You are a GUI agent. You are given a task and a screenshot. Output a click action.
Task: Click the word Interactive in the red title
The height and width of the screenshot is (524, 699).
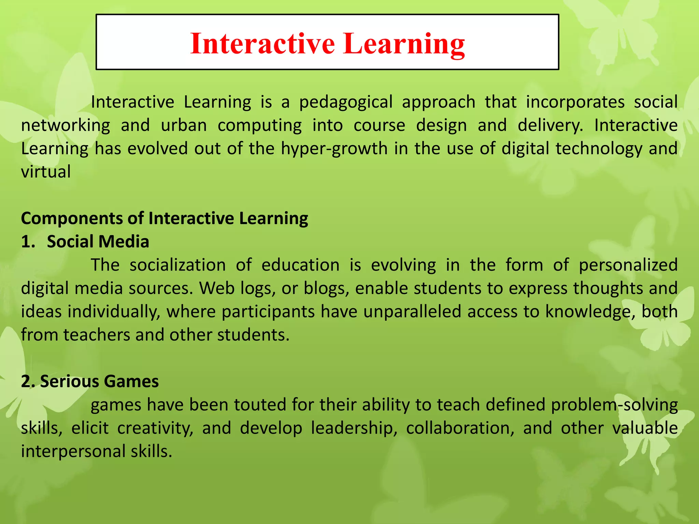pos(262,43)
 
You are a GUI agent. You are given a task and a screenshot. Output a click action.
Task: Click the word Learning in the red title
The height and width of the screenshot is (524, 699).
pos(404,43)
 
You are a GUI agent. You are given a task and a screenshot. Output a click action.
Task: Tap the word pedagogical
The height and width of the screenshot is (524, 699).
pos(346,102)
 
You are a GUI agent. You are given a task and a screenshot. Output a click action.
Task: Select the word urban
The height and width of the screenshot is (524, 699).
pos(184,125)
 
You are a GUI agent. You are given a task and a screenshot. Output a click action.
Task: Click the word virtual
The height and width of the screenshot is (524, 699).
pos(46,171)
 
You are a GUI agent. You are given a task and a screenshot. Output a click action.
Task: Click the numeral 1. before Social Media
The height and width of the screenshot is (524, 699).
pos(28,242)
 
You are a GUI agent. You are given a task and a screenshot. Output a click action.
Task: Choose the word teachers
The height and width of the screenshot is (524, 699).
pos(97,335)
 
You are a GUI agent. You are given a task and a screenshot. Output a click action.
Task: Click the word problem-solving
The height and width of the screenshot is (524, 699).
pos(614,405)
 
